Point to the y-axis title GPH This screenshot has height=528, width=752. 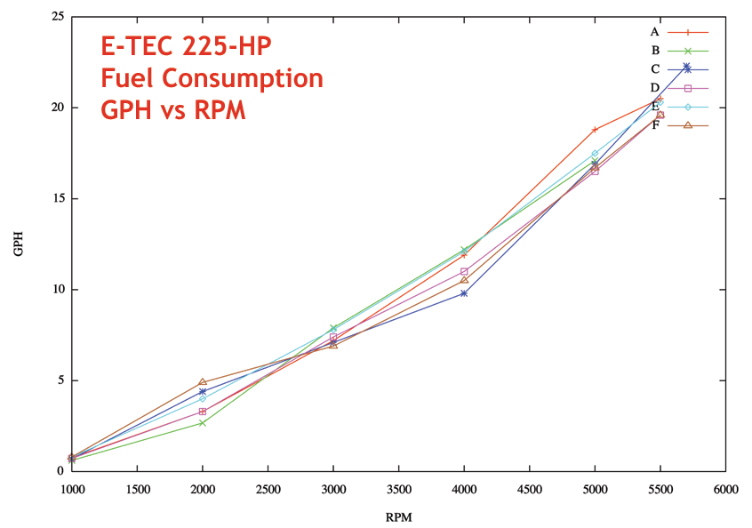19,244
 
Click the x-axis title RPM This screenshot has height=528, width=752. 398,516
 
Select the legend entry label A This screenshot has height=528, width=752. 654,31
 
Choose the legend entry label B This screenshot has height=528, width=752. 654,50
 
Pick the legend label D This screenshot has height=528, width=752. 654,87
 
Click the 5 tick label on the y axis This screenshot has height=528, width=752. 60,380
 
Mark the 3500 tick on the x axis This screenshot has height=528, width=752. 398,488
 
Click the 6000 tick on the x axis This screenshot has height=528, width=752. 724,488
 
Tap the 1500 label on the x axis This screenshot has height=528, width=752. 137,488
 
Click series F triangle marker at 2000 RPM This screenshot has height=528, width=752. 203,382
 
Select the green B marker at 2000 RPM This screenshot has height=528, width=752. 203,422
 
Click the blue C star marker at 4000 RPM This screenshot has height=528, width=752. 464,292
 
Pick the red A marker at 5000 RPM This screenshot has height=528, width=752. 595,130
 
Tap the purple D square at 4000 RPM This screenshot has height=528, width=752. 464,271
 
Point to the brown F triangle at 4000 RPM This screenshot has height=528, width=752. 464,280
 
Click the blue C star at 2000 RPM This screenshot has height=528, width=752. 203,391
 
